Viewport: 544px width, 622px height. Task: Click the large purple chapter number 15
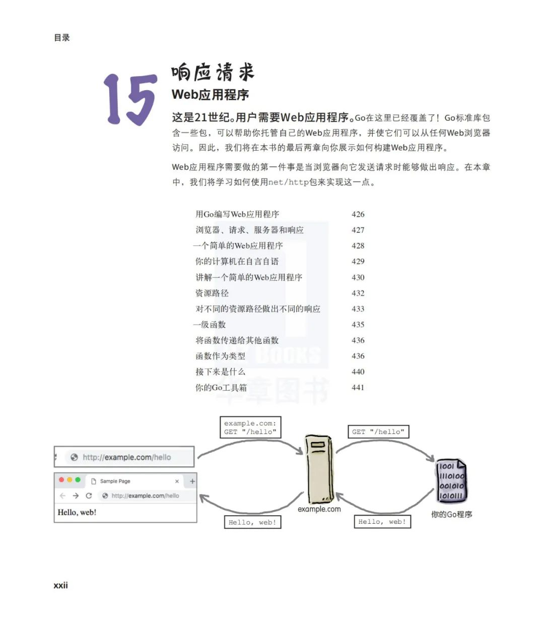click(x=130, y=99)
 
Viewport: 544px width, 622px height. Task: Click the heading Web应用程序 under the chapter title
click(x=210, y=95)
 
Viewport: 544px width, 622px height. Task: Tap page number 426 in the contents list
click(x=358, y=214)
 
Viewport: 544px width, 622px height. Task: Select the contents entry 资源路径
click(x=212, y=293)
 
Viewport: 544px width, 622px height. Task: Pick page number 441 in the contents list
click(x=358, y=387)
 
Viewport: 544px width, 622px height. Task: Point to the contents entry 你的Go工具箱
click(x=221, y=387)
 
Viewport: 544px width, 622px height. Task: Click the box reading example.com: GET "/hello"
click(x=250, y=427)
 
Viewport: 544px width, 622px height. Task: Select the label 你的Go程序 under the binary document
click(x=451, y=515)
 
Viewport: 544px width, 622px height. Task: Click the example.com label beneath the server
click(x=319, y=509)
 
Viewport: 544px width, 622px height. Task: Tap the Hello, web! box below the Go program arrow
click(x=382, y=522)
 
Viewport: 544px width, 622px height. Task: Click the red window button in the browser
click(x=61, y=480)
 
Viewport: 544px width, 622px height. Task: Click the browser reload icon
click(x=89, y=495)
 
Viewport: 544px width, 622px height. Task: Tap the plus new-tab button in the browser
click(x=192, y=481)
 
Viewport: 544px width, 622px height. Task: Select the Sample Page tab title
click(x=115, y=481)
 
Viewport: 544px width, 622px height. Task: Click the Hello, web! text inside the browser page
click(x=77, y=512)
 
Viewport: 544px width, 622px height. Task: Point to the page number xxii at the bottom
click(x=60, y=585)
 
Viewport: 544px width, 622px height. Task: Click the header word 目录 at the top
click(x=62, y=37)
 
